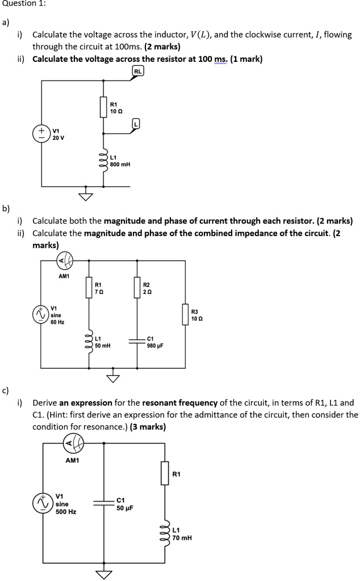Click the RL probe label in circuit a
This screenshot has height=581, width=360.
[x=138, y=71]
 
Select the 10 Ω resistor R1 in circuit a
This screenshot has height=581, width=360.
[x=103, y=107]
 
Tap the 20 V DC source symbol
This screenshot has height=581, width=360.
[x=42, y=134]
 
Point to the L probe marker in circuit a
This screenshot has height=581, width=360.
[x=135, y=123]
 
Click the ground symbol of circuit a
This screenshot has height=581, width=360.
[x=86, y=195]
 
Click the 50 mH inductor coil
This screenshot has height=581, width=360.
[x=89, y=341]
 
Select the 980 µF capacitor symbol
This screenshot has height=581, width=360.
[x=137, y=342]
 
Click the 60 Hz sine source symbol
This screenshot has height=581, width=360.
[x=40, y=314]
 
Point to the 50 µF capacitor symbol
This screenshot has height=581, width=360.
[x=104, y=503]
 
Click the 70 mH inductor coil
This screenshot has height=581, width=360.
[x=165, y=531]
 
